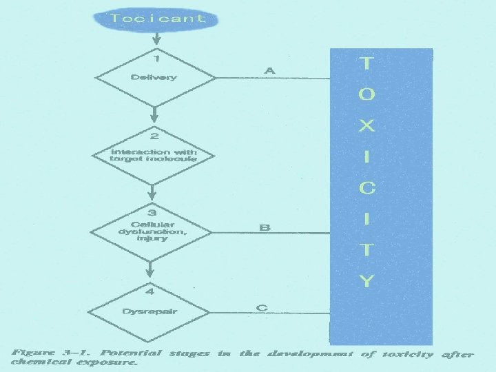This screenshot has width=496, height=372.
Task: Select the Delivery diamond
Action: tap(154, 77)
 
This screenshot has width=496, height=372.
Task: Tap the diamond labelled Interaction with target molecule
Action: tap(154, 155)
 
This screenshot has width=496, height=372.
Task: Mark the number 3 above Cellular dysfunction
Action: tap(152, 213)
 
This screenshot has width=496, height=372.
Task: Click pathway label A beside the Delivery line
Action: tap(269, 70)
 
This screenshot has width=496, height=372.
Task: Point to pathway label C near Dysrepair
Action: tap(262, 307)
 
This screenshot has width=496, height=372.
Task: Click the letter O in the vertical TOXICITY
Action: tap(367, 95)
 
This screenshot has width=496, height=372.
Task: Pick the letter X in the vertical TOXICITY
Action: tap(367, 126)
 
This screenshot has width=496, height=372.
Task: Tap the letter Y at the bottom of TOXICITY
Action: tap(367, 280)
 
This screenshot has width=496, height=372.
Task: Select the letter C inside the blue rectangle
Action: tap(367, 187)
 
